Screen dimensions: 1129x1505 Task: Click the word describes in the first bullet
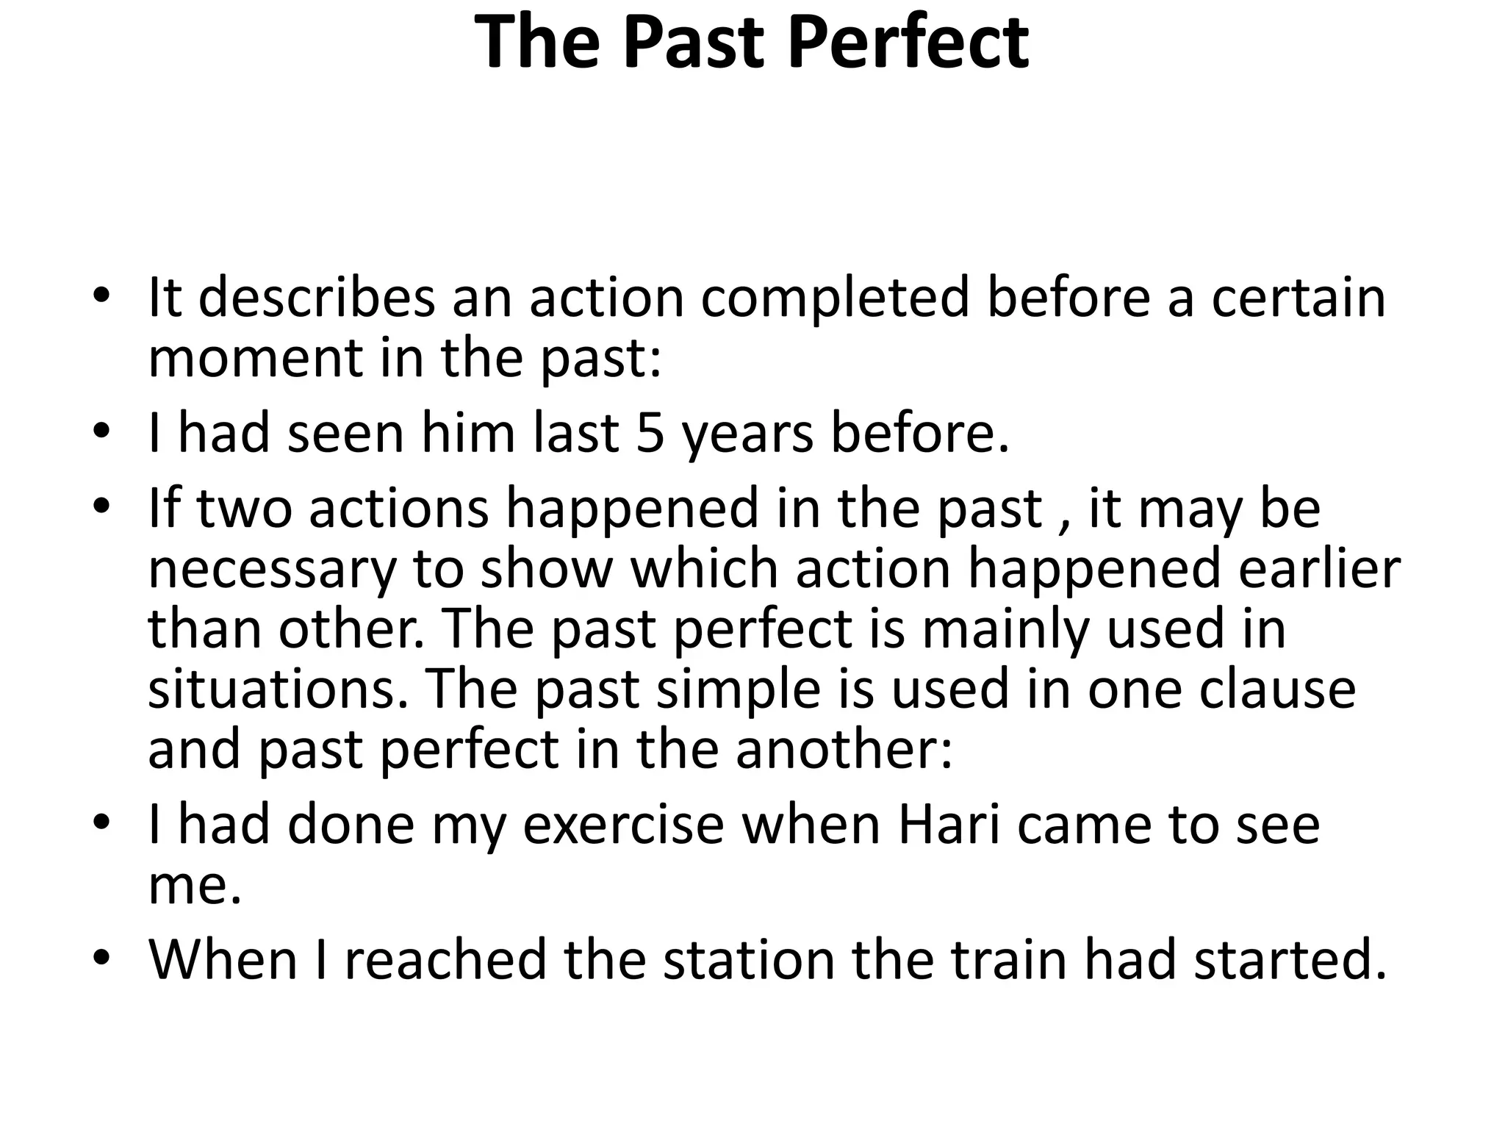tap(317, 298)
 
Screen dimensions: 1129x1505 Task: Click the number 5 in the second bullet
tap(650, 433)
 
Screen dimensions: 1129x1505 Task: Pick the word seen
tap(345, 433)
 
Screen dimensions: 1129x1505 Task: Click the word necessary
tap(272, 570)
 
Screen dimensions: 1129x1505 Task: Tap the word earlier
tap(1319, 569)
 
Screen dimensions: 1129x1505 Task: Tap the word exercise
tap(624, 825)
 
